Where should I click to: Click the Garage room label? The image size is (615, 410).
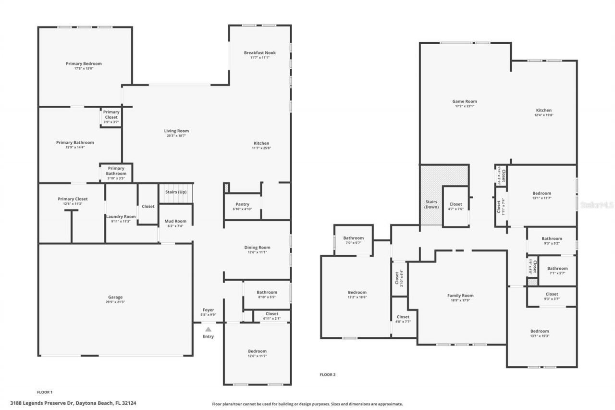pyautogui.click(x=115, y=297)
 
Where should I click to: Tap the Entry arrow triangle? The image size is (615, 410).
pyautogui.click(x=208, y=329)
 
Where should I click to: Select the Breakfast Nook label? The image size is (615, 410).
pyautogui.click(x=259, y=53)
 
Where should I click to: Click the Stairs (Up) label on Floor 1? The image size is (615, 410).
pyautogui.click(x=176, y=192)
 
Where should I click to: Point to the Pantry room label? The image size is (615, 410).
pyautogui.click(x=242, y=204)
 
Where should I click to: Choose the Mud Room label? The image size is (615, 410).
pyautogui.click(x=175, y=221)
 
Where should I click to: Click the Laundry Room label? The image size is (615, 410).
pyautogui.click(x=121, y=217)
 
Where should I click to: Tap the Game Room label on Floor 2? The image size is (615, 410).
pyautogui.click(x=465, y=101)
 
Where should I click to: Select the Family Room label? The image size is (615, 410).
pyautogui.click(x=460, y=296)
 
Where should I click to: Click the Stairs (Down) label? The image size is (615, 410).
pyautogui.click(x=431, y=204)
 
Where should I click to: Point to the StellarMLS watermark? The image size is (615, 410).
pyautogui.click(x=597, y=205)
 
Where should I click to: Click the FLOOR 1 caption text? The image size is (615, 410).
pyautogui.click(x=45, y=392)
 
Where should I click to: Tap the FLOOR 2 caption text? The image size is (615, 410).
pyautogui.click(x=328, y=374)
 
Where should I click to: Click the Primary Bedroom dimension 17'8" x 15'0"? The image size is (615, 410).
pyautogui.click(x=84, y=68)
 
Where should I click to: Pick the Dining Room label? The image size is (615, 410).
pyautogui.click(x=257, y=248)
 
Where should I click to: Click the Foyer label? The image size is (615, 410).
pyautogui.click(x=208, y=310)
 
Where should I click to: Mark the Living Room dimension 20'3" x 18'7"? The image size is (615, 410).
pyautogui.click(x=176, y=136)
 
